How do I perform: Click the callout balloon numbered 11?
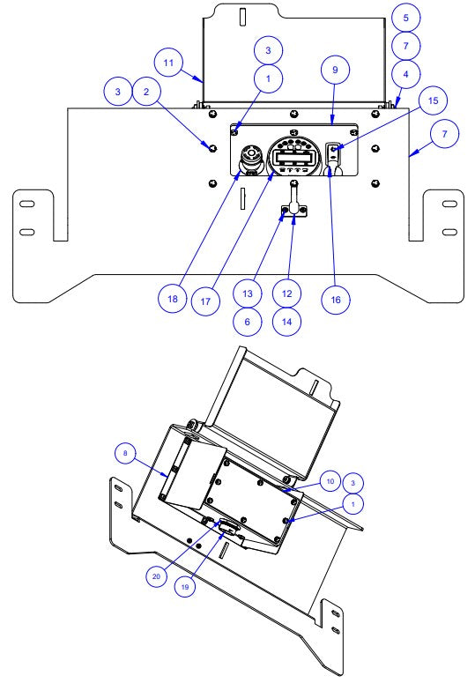169,63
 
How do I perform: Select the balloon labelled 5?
405,17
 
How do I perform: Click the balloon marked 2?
147,91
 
